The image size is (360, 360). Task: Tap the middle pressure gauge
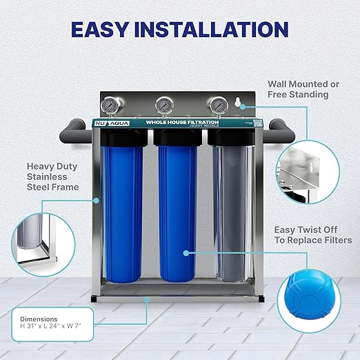pyautogui.click(x=164, y=106)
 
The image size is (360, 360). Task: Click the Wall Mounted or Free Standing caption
pyautogui.click(x=303, y=89)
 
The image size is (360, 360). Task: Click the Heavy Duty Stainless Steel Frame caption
pyautogui.click(x=52, y=176)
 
